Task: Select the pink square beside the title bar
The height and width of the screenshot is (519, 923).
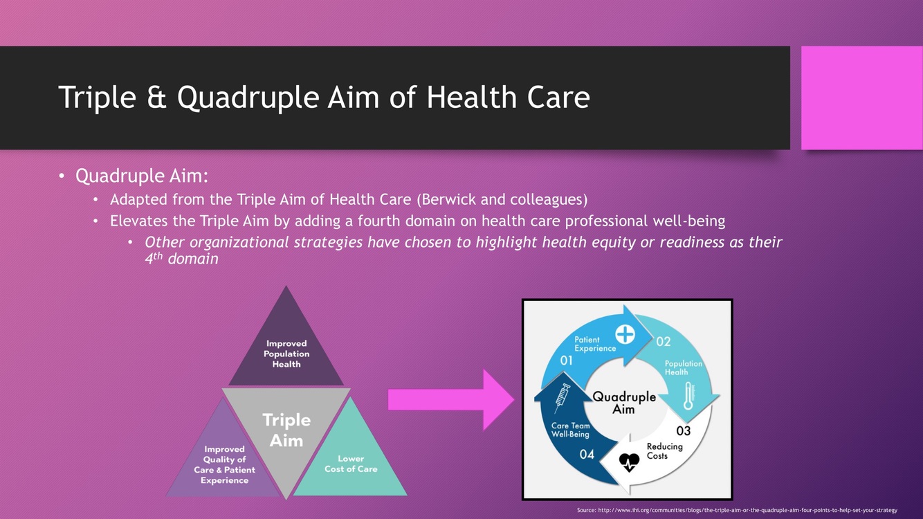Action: (x=861, y=98)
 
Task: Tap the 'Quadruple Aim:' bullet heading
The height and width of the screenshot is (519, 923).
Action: (x=142, y=176)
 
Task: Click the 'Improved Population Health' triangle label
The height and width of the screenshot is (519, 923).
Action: (x=286, y=354)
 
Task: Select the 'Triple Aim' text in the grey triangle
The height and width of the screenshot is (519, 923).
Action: (x=286, y=430)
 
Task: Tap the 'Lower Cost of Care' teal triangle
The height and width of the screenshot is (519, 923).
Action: (x=351, y=464)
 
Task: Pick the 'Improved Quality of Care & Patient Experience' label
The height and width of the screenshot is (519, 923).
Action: (x=224, y=464)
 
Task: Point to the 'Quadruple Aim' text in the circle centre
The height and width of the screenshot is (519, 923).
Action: (x=624, y=403)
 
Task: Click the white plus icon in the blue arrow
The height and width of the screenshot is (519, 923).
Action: (x=625, y=334)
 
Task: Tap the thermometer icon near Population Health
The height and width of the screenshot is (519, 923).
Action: (x=688, y=395)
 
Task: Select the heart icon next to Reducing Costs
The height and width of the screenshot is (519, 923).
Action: (x=629, y=462)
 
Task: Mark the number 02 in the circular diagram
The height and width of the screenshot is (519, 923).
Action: (x=663, y=341)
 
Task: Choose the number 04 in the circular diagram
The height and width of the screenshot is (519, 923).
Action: (x=587, y=455)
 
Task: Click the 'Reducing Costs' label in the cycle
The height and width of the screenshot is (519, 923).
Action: (x=664, y=451)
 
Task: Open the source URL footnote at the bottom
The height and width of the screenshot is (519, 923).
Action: (x=737, y=510)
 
